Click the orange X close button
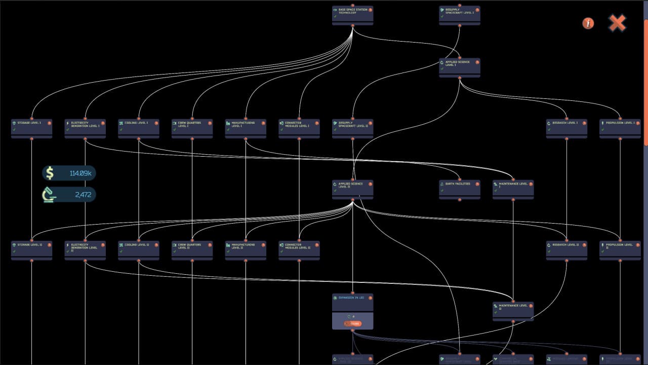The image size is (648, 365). tap(617, 23)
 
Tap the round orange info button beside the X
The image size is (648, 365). tap(588, 23)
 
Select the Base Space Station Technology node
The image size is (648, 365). tap(352, 14)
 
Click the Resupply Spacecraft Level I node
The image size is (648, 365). tap(460, 14)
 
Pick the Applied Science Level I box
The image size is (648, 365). tap(460, 67)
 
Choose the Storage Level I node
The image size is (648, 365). tap(31, 127)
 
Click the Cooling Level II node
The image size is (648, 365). tap(139, 249)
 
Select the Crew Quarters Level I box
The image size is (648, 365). tap(192, 127)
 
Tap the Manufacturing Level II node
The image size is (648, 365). tap(246, 249)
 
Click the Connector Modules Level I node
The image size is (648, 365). tap(299, 127)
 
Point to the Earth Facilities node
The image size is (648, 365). tap(460, 189)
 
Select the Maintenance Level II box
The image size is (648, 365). tap(513, 310)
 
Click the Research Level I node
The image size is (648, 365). tap(566, 127)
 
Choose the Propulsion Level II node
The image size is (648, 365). tap(620, 249)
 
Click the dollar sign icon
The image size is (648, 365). tap(50, 173)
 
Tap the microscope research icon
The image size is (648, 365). tap(50, 195)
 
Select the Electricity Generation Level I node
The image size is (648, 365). tap(85, 127)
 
